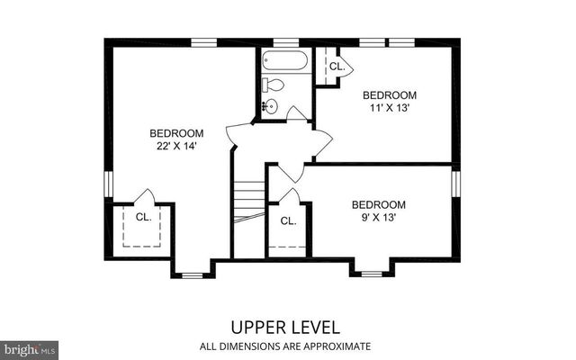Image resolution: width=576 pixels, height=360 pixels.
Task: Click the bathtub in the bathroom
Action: pyautogui.click(x=285, y=61)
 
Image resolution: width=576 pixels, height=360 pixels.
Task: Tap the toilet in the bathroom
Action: pyautogui.click(x=274, y=85)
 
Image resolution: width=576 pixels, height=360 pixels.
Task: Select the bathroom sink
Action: pyautogui.click(x=269, y=106)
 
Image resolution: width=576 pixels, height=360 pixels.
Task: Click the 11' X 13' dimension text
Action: pyautogui.click(x=390, y=108)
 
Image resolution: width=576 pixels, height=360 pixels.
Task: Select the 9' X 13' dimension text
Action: pyautogui.click(x=378, y=217)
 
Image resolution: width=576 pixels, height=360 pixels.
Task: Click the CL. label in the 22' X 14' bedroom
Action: pyautogui.click(x=143, y=217)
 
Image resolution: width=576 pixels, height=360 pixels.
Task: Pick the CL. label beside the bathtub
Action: pyautogui.click(x=336, y=67)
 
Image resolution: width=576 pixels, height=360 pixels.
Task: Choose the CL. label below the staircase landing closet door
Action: pyautogui.click(x=288, y=220)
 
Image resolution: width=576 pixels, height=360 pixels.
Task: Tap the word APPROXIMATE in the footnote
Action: pyautogui.click(x=338, y=346)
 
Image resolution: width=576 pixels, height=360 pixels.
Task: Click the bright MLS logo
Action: pyautogui.click(x=30, y=347)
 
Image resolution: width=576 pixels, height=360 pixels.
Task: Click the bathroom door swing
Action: pyautogui.click(x=296, y=112)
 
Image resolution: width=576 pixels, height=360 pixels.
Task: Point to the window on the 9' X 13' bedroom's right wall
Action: pyautogui.click(x=455, y=183)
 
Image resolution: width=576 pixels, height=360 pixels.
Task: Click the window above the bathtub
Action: pyautogui.click(x=285, y=41)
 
